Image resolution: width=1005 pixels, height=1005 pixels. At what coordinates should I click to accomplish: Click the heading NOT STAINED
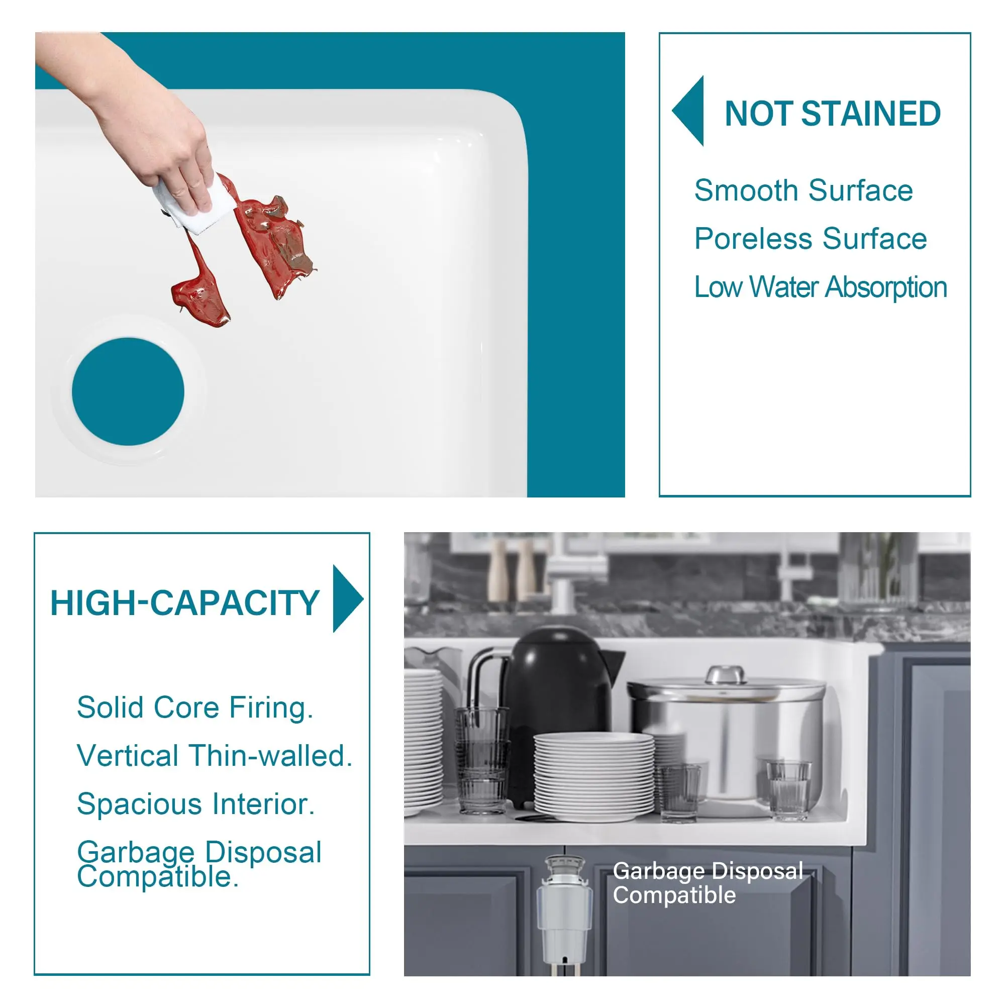[x=832, y=114]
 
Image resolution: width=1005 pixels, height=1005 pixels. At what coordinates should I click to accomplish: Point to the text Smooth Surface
[x=803, y=190]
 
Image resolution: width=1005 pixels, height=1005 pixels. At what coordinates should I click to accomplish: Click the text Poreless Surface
[x=811, y=239]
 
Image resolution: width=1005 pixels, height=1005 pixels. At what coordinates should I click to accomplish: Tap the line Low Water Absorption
[x=821, y=287]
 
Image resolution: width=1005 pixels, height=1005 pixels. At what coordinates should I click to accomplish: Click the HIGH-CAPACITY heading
[x=184, y=604]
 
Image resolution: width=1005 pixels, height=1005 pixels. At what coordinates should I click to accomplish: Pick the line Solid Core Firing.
[x=195, y=709]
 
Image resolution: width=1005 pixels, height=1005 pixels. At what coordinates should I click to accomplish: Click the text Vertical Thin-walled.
[x=215, y=756]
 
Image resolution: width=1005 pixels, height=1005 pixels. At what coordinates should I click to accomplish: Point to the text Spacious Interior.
[x=195, y=804]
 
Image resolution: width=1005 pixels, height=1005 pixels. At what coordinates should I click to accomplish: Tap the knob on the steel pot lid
[x=725, y=674]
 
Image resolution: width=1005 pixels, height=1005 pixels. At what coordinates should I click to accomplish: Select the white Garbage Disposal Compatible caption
[x=708, y=883]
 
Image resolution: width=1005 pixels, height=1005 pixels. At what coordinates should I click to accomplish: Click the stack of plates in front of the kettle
[x=594, y=777]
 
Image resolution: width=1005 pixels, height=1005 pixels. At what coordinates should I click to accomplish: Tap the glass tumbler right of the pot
[x=788, y=789]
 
